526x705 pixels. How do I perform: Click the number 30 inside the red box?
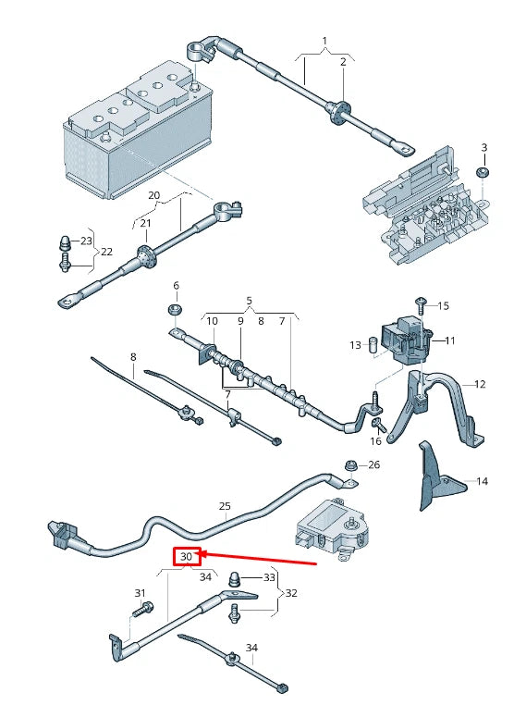(x=187, y=557)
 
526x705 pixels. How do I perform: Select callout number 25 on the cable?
(x=225, y=506)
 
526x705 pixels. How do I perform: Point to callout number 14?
(x=482, y=482)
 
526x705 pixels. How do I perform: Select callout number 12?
(x=480, y=384)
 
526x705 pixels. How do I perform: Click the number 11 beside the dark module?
(x=450, y=340)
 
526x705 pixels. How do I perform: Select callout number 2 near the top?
(x=342, y=61)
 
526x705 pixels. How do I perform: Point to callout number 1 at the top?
(x=324, y=41)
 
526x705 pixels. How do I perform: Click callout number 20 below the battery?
(x=154, y=196)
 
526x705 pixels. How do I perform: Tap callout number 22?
(x=107, y=252)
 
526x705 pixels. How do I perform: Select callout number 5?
(x=249, y=301)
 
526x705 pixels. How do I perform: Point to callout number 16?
(x=376, y=442)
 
